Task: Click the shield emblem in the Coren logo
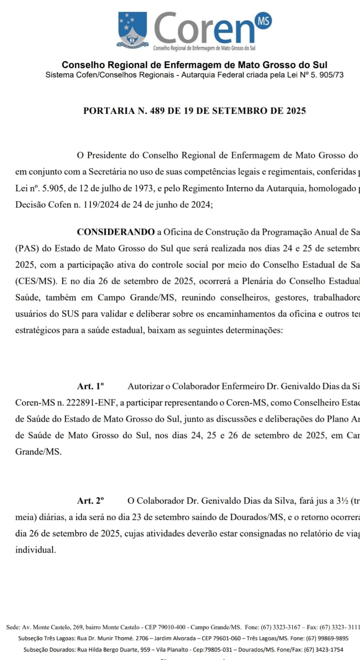point(132,29)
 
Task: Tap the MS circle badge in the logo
point(264,20)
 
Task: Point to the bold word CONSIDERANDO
point(116,232)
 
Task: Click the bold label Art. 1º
point(90,386)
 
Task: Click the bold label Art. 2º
point(90,501)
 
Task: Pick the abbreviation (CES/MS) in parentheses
point(35,281)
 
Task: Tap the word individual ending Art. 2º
point(35,550)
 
